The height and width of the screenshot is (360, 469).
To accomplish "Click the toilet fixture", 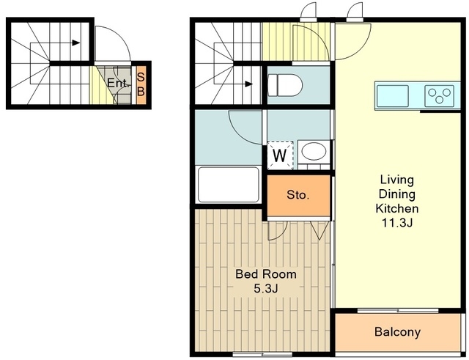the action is click(x=285, y=85).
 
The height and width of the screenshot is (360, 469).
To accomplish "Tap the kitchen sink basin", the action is click(x=393, y=96).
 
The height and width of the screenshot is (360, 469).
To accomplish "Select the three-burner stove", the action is click(x=439, y=96).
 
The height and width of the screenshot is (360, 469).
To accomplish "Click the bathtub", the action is click(x=228, y=184).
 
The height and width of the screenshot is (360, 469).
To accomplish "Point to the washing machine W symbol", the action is click(x=280, y=155).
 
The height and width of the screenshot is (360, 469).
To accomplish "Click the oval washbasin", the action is click(x=314, y=151).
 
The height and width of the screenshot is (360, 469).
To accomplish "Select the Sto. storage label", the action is click(x=298, y=195).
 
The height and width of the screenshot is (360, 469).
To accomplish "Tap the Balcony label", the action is click(x=397, y=332).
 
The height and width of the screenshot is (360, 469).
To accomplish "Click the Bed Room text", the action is click(x=266, y=274).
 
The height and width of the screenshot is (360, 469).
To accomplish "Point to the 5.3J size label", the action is click(x=266, y=288).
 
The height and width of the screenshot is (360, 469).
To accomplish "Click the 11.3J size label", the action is click(x=397, y=223).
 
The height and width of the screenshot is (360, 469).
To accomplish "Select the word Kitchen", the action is click(x=397, y=208).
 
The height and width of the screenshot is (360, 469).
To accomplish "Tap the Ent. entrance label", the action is click(x=119, y=83).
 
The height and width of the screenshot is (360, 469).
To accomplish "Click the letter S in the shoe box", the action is click(x=141, y=77).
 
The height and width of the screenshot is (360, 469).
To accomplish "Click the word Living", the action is click(x=397, y=180).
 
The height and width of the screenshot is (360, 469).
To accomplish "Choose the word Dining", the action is click(x=397, y=194).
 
